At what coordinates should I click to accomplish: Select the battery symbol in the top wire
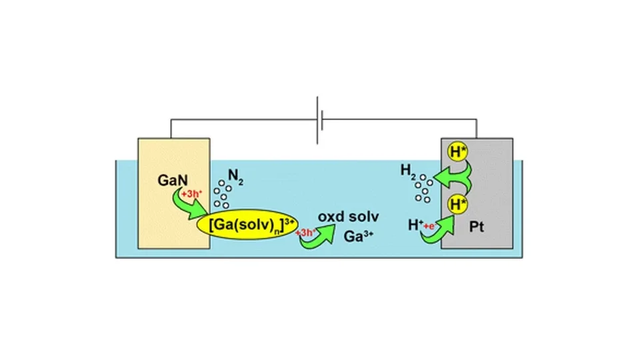coord(321,121)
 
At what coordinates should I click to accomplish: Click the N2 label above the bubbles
coord(236,176)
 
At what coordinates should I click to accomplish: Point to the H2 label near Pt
coord(409,171)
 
